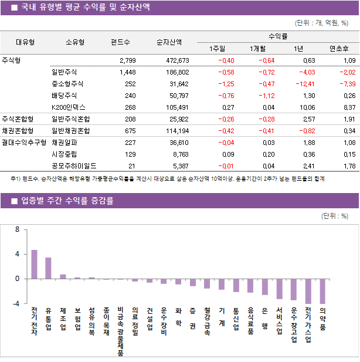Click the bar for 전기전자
click(34, 265)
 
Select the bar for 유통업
click(48, 268)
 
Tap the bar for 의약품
click(322, 291)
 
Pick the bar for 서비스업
click(279, 289)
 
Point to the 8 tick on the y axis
click(18, 229)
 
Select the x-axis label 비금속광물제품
click(120, 331)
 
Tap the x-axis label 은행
click(264, 317)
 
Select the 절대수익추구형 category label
click(24, 143)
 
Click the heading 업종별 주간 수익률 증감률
click(67, 201)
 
